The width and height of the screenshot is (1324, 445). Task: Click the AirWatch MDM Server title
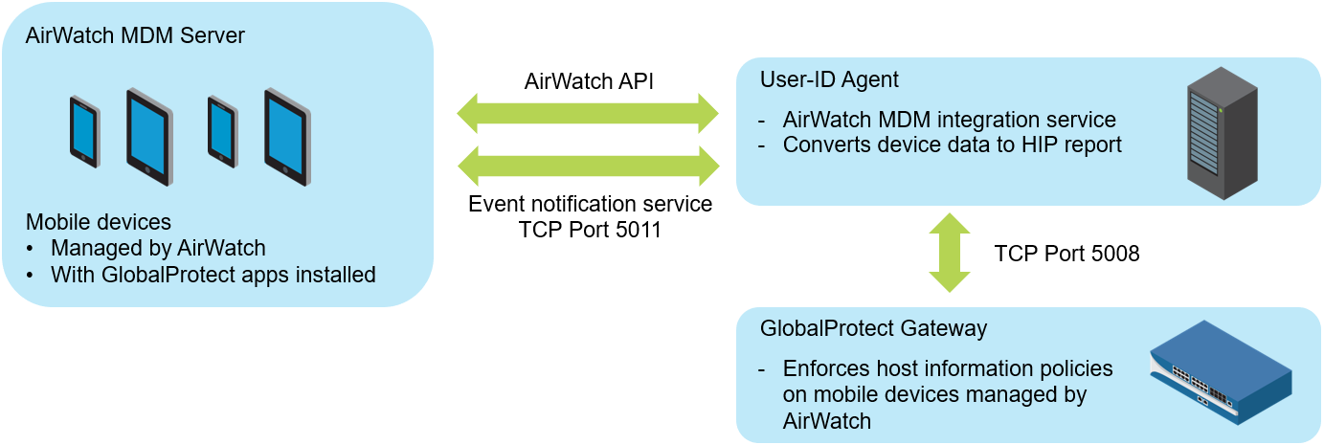pyautogui.click(x=135, y=36)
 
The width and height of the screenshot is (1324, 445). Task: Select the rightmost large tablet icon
pyautogui.click(x=287, y=137)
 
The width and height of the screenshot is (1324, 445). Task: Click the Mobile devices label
pyautogui.click(x=99, y=222)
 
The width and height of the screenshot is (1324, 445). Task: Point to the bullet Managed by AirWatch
pyautogui.click(x=158, y=248)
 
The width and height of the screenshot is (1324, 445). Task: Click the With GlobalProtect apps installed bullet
pyautogui.click(x=213, y=275)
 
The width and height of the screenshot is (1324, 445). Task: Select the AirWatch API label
pyautogui.click(x=589, y=80)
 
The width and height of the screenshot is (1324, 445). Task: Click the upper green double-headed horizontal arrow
pyautogui.click(x=588, y=113)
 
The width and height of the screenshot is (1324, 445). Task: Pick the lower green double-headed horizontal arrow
pyautogui.click(x=588, y=165)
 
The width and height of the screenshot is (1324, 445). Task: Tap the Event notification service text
pyautogui.click(x=590, y=204)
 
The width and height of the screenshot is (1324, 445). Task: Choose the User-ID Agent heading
pyautogui.click(x=829, y=79)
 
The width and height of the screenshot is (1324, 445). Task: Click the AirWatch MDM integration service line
pyautogui.click(x=949, y=120)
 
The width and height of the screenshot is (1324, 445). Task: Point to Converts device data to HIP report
pyautogui.click(x=952, y=145)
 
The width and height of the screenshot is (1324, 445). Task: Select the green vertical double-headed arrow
pyautogui.click(x=949, y=253)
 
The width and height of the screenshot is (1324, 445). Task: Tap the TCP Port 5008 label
pyautogui.click(x=1066, y=254)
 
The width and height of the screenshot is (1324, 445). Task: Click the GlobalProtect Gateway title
pyautogui.click(x=873, y=328)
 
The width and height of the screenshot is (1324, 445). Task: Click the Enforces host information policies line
pyautogui.click(x=948, y=368)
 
